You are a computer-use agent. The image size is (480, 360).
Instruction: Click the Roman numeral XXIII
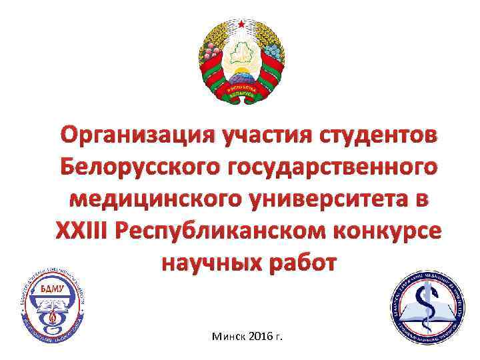[x=80, y=231]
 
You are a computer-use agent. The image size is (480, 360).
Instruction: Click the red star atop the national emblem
[x=240, y=24]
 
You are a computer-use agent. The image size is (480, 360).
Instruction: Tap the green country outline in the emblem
[x=240, y=53]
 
